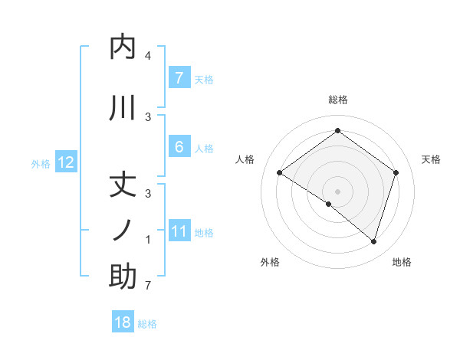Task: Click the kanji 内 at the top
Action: click(123, 48)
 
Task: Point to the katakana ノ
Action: click(123, 231)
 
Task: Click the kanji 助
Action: click(123, 276)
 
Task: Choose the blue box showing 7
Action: click(179, 78)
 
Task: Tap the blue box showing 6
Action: click(179, 147)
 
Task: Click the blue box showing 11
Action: click(179, 231)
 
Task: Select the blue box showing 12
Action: click(66, 162)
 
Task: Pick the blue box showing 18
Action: click(123, 322)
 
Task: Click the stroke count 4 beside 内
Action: click(148, 57)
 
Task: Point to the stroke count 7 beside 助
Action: click(148, 286)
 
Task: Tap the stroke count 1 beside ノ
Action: click(148, 241)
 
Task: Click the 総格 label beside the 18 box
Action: click(147, 324)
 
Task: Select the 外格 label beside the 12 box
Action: click(41, 163)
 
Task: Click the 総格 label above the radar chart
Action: click(337, 100)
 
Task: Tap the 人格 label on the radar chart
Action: click(245, 159)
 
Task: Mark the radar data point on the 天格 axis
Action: click(396, 172)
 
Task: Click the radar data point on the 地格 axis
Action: click(374, 241)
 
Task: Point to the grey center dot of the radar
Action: click(337, 191)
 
